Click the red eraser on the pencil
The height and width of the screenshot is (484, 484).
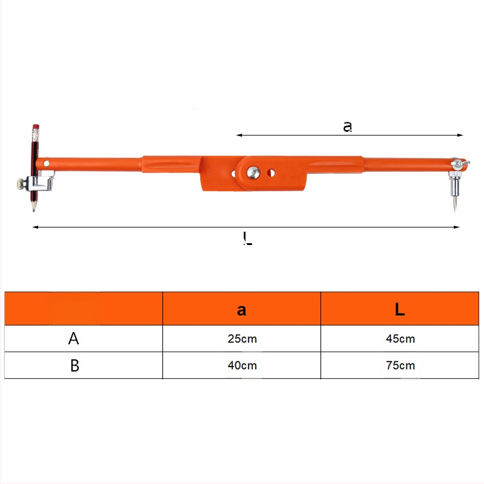pyautogui.click(x=36, y=127)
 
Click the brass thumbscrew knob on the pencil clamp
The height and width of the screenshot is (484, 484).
pyautogui.click(x=21, y=184)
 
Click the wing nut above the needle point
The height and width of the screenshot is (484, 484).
pyautogui.click(x=460, y=163)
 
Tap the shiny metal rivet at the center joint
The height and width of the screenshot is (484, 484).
pyautogui.click(x=253, y=172)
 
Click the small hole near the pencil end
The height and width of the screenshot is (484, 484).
pyautogui.click(x=46, y=163)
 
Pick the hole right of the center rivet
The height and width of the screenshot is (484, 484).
pyautogui.click(x=271, y=173)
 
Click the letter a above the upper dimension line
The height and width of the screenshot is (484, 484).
pyautogui.click(x=347, y=126)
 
